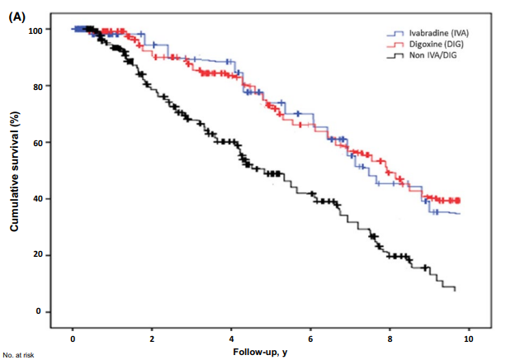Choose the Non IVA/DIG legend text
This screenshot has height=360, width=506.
pos(429,55)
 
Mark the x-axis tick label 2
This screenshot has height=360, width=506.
pos(152,339)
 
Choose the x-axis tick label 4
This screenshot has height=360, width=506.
pos(231,339)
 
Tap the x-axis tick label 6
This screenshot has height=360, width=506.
pos(310,339)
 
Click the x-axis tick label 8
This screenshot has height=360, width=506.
pos(390,339)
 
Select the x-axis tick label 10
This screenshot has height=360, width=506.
pos(469,339)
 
